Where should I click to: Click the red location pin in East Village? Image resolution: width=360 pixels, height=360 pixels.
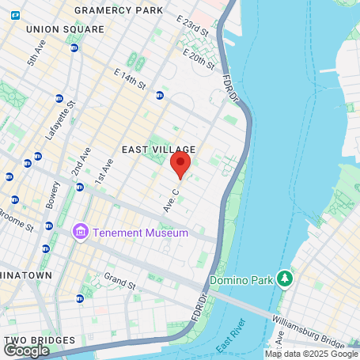(x=180, y=165)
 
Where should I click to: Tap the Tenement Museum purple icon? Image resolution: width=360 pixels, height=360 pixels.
(x=79, y=232)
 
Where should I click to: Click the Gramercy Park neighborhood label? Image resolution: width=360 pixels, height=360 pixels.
(x=119, y=10)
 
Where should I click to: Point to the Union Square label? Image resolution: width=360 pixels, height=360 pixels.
(x=65, y=29)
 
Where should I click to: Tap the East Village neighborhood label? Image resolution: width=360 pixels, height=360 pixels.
(x=158, y=149)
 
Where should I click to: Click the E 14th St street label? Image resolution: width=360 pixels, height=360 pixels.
(x=131, y=78)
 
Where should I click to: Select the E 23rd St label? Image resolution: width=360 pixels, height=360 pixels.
(x=192, y=28)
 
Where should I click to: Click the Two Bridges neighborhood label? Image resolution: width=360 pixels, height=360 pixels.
(x=40, y=341)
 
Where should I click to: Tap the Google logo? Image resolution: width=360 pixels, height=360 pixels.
(x=26, y=350)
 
